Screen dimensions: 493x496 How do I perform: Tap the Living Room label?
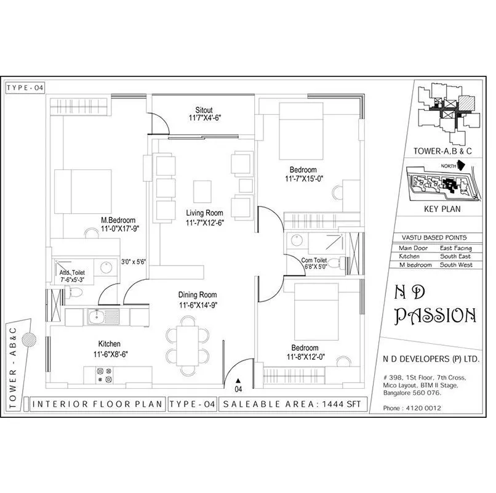[205, 213]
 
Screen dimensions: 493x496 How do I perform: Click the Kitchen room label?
[109, 343]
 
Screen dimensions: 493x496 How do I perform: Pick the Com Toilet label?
[318, 259]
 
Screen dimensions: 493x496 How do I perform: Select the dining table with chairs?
[187, 343]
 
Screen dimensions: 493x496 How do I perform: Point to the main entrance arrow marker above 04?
[238, 381]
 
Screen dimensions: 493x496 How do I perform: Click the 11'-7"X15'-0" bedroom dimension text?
[304, 179]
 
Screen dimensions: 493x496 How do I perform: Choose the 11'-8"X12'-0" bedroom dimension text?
[306, 357]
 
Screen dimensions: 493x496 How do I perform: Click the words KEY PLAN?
[442, 209]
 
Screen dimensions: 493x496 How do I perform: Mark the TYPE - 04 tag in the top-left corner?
[25, 88]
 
